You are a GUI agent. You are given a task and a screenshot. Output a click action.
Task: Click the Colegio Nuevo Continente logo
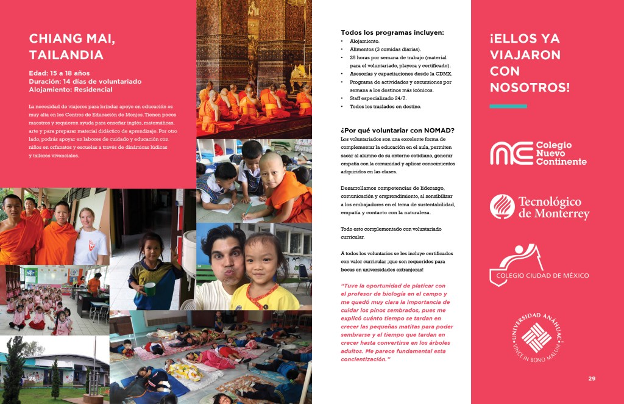(x=539, y=153)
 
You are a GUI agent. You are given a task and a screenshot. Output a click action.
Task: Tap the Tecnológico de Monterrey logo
(x=539, y=207)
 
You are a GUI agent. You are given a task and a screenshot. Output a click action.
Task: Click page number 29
(x=591, y=379)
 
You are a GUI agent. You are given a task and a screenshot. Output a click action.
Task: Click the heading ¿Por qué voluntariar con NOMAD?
(x=397, y=130)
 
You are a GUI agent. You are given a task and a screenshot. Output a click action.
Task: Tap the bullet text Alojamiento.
(x=365, y=41)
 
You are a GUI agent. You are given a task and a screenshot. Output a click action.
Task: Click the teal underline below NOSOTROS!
(x=508, y=106)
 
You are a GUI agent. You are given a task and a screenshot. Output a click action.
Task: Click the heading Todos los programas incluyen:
(x=392, y=32)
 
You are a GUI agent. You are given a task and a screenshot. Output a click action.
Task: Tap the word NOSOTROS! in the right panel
(x=529, y=87)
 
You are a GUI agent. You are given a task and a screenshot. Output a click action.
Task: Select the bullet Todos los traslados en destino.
(x=385, y=107)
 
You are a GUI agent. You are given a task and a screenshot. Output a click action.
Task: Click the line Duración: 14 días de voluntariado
(x=85, y=81)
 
